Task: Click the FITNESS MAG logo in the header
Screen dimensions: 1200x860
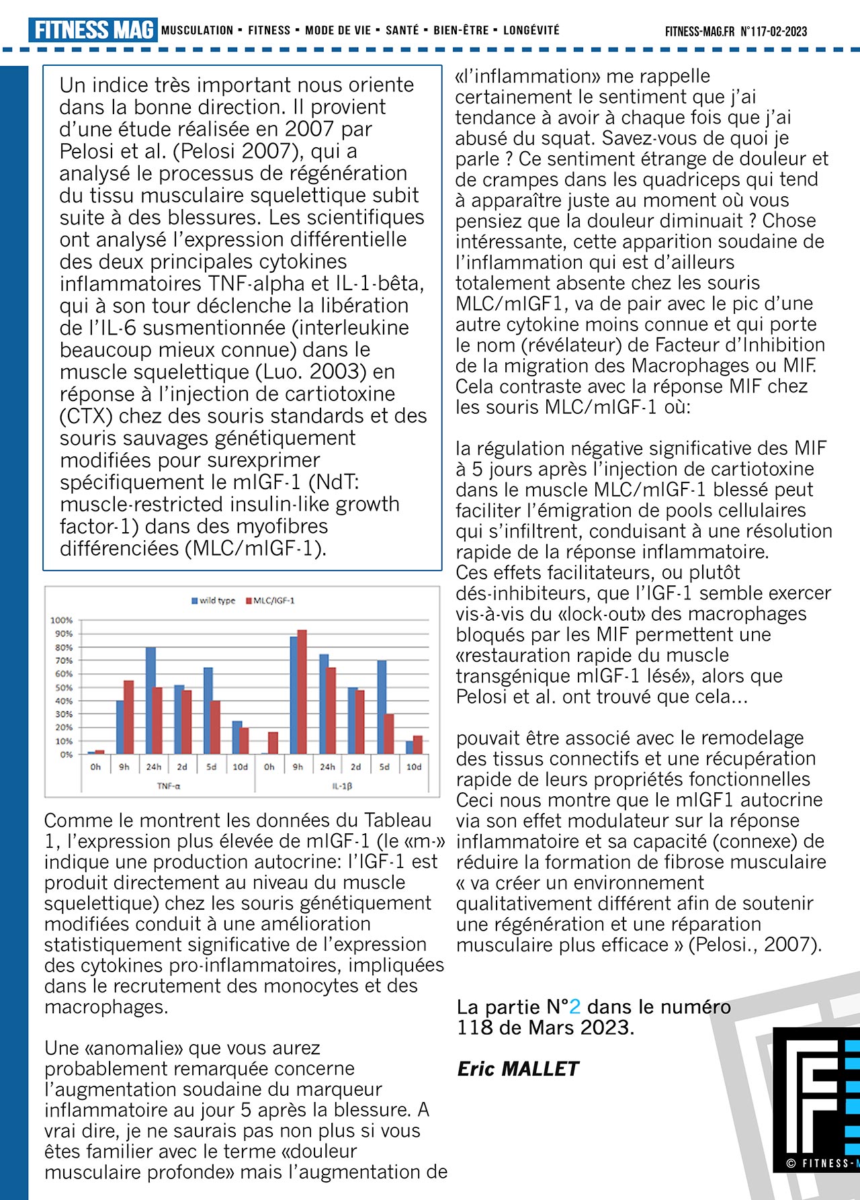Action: click(x=93, y=30)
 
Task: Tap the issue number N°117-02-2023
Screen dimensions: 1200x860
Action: click(x=773, y=32)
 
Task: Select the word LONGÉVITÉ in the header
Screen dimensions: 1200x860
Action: click(x=531, y=30)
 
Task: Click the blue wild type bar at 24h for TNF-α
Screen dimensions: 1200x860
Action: click(x=150, y=700)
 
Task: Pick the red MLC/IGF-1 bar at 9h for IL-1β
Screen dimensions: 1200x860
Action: click(x=302, y=691)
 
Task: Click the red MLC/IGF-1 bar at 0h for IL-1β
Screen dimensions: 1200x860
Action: click(x=273, y=742)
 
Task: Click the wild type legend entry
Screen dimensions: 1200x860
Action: click(x=214, y=601)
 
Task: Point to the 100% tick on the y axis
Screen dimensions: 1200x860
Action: click(x=62, y=620)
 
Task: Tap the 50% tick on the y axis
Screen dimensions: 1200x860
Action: click(x=63, y=687)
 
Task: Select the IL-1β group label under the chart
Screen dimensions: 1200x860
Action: click(x=341, y=785)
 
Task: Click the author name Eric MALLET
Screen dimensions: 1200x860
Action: click(x=517, y=1069)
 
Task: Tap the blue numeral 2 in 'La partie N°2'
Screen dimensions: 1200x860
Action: click(x=574, y=1006)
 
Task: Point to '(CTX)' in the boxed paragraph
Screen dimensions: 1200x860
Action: click(x=86, y=416)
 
